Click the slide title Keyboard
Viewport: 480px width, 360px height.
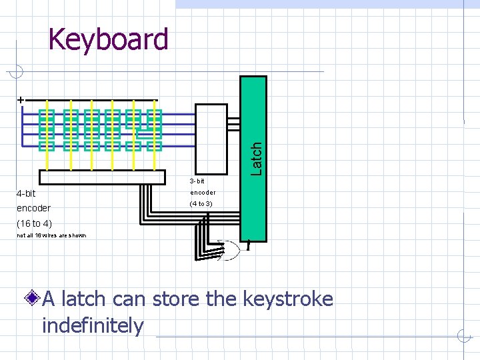[109, 39]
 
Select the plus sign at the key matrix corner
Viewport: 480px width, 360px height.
[21, 99]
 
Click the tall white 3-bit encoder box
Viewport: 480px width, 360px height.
[211, 139]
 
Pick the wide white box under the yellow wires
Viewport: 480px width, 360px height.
[102, 177]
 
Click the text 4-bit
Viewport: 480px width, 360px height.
[26, 194]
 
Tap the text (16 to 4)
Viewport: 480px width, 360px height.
[34, 223]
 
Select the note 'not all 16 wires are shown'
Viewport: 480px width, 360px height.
[51, 235]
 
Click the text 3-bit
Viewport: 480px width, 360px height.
[197, 181]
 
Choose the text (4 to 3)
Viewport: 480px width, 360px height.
[201, 203]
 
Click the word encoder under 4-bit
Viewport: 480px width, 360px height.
[34, 208]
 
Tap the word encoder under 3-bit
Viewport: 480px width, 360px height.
[203, 193]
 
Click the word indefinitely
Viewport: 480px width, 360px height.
[93, 326]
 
